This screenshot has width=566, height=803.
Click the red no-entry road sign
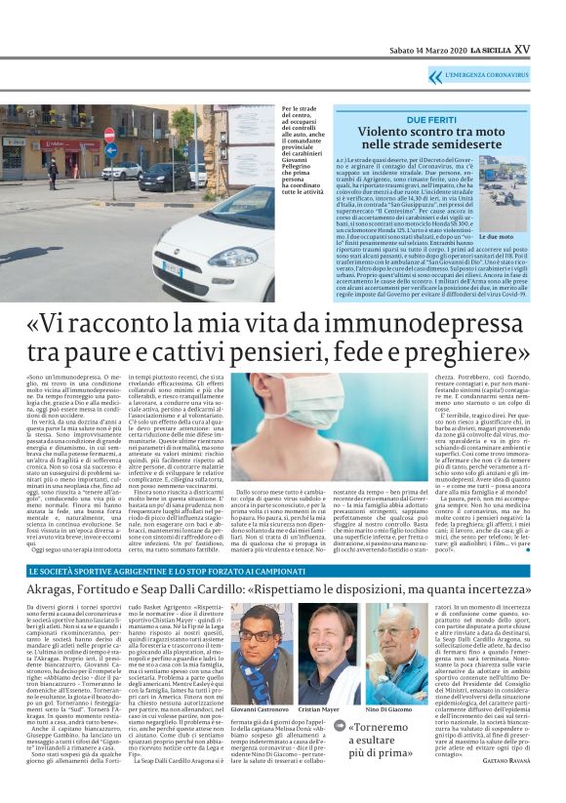pos(109,136)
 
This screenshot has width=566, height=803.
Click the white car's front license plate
pos(171,267)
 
